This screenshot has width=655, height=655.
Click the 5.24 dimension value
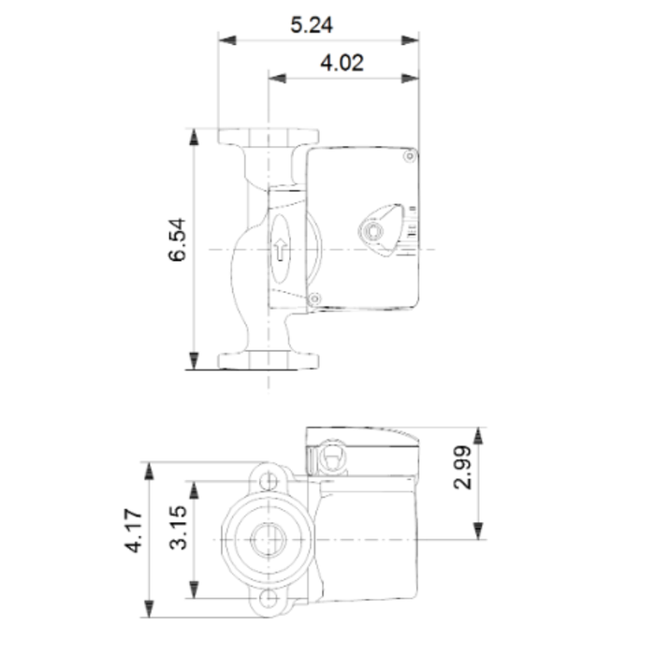[x=313, y=25]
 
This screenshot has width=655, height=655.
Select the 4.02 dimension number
[x=342, y=65]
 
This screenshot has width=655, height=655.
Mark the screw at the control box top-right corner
[x=408, y=158]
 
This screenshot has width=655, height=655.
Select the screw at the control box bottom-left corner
[x=314, y=298]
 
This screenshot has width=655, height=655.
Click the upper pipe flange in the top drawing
[x=269, y=136]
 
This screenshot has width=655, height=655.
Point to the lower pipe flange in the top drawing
[x=269, y=358]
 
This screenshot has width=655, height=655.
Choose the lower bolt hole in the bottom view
[x=269, y=600]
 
